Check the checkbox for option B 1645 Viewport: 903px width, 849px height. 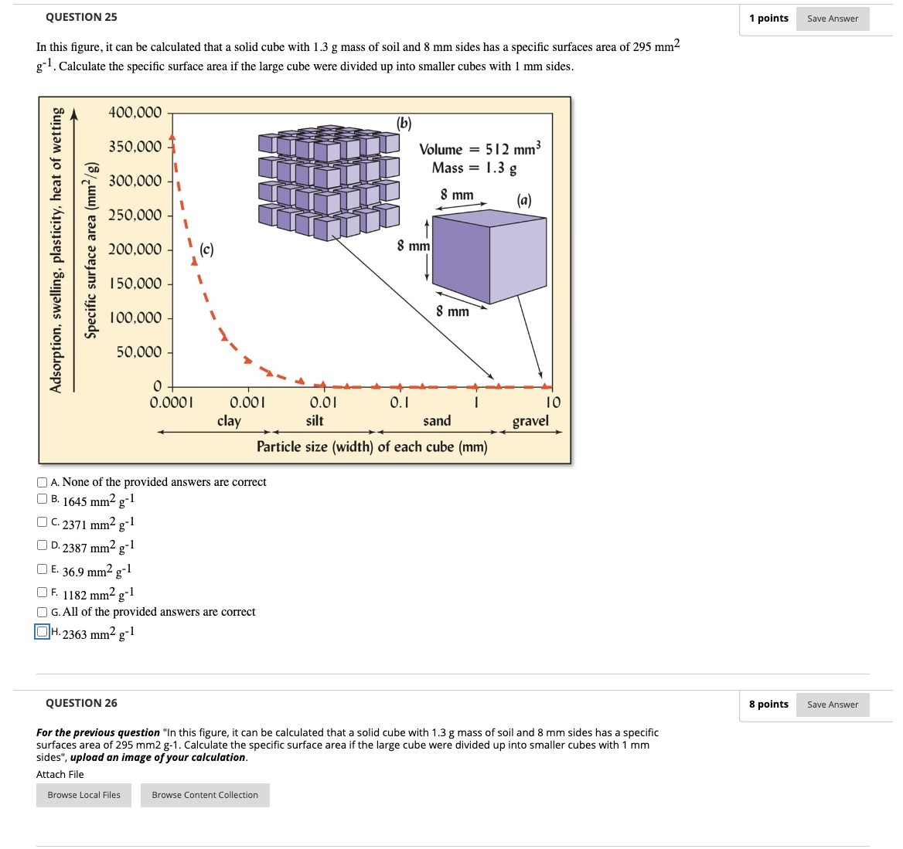(43, 499)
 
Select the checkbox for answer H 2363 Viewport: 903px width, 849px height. (43, 632)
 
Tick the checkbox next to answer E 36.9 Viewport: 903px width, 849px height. (43, 569)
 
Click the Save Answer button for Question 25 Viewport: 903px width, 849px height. (832, 19)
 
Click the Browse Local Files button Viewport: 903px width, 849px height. (83, 795)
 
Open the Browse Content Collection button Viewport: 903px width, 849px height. (205, 795)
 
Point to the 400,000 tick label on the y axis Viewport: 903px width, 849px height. (135, 113)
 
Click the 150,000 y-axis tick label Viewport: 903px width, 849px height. (135, 284)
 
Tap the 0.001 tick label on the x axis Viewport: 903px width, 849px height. (247, 402)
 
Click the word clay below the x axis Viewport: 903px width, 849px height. (229, 421)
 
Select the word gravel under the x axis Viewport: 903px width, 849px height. (530, 421)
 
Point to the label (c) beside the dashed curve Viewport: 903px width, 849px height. (206, 250)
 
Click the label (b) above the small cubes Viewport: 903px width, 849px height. (404, 123)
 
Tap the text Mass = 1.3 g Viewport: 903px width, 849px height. (474, 168)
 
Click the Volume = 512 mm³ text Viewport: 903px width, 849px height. (479, 149)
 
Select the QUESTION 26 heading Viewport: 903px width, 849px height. (81, 703)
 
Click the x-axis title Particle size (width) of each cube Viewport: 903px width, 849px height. (372, 447)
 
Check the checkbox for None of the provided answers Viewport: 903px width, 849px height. (43, 482)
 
